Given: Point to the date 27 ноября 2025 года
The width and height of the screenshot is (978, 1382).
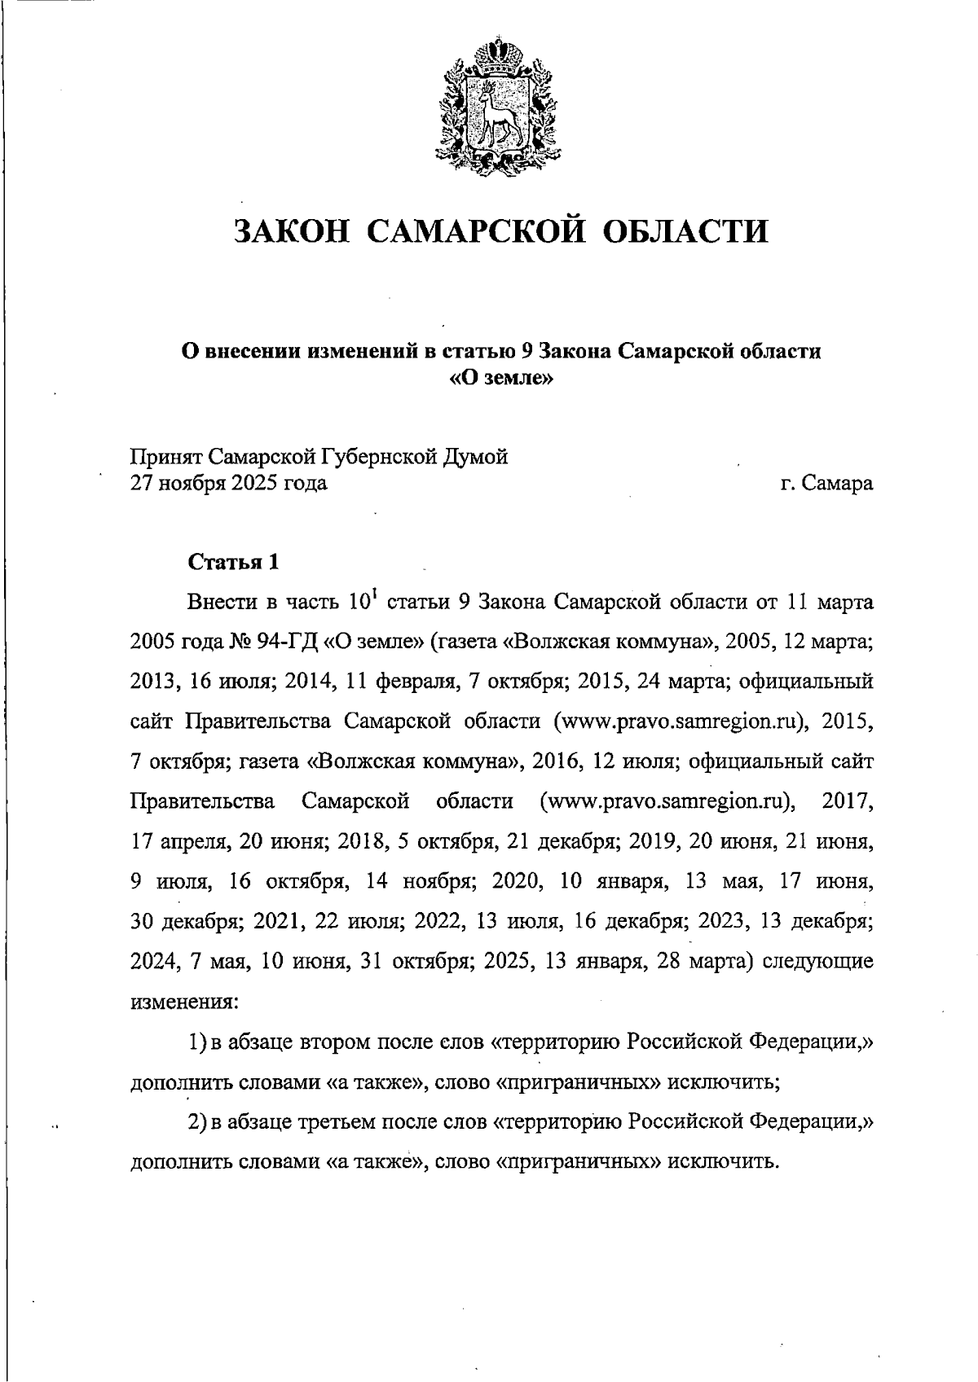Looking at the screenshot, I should (x=229, y=484).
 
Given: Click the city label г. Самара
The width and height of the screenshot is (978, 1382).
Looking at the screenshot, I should (x=826, y=484).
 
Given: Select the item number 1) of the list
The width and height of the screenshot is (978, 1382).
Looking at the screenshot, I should (x=198, y=1042).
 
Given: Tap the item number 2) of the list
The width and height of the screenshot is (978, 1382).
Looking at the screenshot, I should (x=198, y=1121).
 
